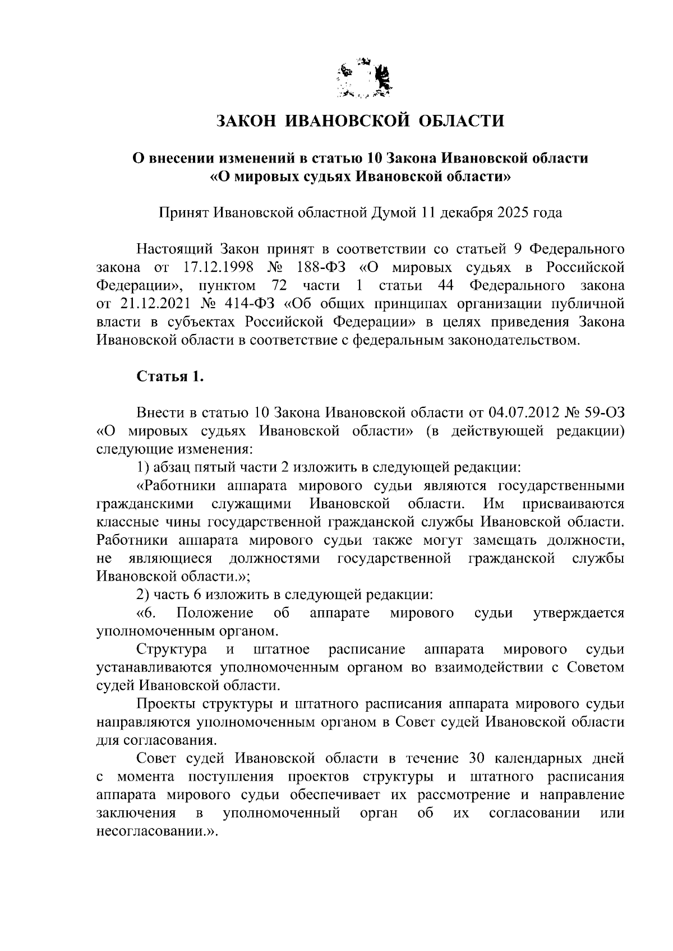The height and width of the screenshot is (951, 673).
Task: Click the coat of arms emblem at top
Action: tap(364, 79)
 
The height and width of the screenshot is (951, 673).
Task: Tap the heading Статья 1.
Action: tap(170, 377)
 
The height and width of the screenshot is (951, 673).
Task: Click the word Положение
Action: tap(214, 613)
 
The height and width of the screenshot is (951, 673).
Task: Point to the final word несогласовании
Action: tap(151, 832)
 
